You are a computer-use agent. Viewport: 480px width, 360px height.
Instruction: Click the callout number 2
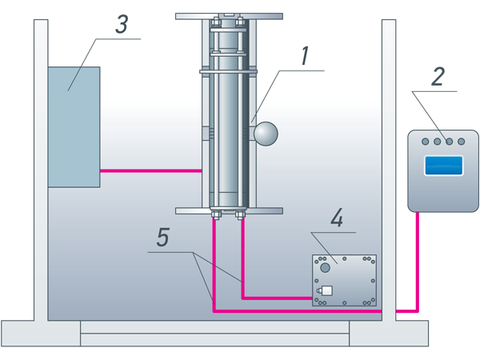(x=438, y=77)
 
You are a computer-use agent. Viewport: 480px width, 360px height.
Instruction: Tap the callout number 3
(x=121, y=25)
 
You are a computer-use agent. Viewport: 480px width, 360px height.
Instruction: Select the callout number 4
(x=337, y=218)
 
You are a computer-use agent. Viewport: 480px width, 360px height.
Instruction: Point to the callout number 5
(x=162, y=238)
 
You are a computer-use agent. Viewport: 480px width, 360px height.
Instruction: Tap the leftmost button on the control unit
(x=426, y=142)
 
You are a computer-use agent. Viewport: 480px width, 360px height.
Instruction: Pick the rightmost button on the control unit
(x=461, y=142)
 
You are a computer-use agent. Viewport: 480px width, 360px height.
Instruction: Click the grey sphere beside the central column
(x=265, y=134)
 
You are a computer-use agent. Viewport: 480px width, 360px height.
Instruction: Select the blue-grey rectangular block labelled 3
(x=74, y=126)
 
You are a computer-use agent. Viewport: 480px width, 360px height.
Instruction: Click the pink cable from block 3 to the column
(x=150, y=170)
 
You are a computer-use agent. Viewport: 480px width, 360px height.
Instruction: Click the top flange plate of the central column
(x=229, y=15)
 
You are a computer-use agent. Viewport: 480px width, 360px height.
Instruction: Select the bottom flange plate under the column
(x=229, y=210)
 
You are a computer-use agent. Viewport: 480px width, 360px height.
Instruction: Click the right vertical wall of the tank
(x=389, y=160)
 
